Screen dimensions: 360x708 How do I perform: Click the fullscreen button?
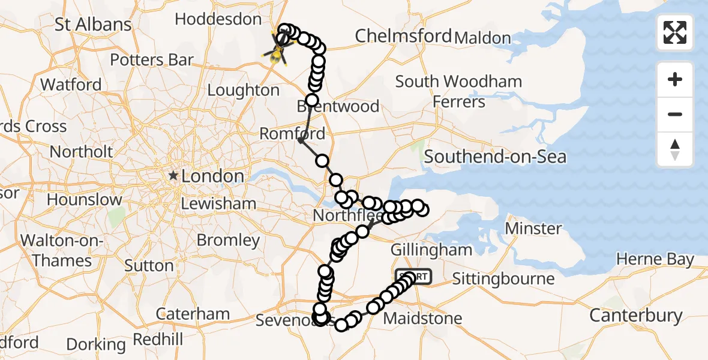point(675,32)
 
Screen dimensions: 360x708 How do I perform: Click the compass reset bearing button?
point(675,149)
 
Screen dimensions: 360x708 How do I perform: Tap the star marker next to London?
point(173,176)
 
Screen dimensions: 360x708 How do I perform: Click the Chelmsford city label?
point(403,36)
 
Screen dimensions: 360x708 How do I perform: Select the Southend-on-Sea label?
point(494,157)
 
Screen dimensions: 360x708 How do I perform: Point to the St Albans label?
point(93,25)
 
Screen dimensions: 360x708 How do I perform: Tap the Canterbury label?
point(635,315)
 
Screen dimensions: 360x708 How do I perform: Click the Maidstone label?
point(422,318)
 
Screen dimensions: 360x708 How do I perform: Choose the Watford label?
point(71,85)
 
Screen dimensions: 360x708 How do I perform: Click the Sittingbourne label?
point(503,279)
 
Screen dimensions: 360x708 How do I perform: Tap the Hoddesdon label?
point(218,19)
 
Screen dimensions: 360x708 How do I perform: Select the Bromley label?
point(228,241)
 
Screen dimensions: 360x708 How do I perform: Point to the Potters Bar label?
point(152,60)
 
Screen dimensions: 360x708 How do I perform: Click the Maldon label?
point(482,38)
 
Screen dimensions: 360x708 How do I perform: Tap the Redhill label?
point(158,340)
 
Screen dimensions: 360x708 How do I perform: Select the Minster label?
point(533,229)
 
